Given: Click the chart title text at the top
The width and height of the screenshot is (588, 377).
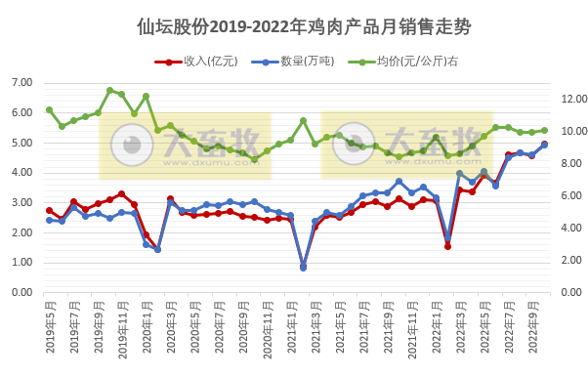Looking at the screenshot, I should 293,26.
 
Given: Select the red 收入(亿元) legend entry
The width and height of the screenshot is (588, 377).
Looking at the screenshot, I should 195,62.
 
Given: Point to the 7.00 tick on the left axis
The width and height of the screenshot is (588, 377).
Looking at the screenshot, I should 22,83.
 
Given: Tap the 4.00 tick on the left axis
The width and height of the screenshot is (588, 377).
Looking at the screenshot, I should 22,173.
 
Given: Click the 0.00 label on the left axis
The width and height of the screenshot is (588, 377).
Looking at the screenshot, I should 22,292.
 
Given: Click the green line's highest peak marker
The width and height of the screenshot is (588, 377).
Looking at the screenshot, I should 109,90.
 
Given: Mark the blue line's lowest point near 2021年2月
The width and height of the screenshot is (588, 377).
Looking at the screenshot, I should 303,267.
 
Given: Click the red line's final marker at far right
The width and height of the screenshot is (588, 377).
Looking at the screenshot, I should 544,145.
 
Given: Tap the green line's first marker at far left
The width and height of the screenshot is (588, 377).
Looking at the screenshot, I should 49,109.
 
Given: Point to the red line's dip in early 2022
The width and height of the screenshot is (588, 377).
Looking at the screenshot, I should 447,246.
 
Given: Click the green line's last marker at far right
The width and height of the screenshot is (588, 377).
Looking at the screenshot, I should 544,130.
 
